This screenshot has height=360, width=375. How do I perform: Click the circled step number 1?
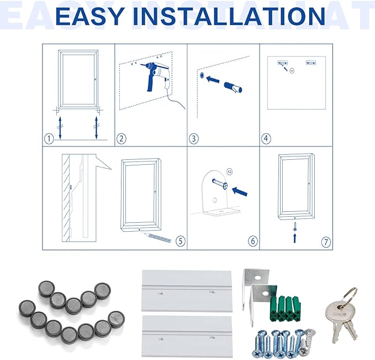point(49,139)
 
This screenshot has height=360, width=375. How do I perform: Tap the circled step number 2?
point(122,139)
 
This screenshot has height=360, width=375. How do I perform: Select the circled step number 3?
point(193,139)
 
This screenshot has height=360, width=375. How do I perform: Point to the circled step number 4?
point(266,139)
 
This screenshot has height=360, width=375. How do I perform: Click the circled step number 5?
point(181,241)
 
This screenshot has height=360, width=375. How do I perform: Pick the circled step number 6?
point(253,241)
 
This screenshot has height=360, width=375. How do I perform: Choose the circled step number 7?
point(326,242)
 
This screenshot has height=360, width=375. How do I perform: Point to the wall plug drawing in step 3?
point(233,87)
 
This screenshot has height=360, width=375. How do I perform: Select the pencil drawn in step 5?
point(157,237)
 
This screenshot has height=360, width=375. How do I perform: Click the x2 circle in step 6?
point(230,172)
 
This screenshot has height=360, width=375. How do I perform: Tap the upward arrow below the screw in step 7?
point(295,238)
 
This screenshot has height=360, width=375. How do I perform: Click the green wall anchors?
point(286,308)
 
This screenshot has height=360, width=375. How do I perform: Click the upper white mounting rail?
point(187,291)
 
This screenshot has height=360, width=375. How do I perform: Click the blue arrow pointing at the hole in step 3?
point(213,79)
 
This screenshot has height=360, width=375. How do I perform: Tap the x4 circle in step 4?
point(292,71)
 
